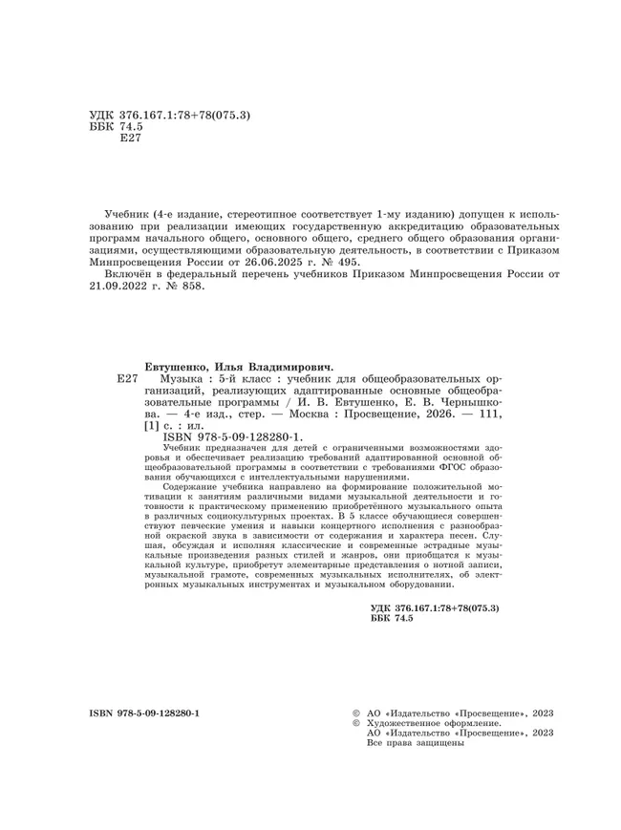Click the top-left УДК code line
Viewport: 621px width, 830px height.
coord(168,115)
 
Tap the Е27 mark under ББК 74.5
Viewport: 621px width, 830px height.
coord(127,139)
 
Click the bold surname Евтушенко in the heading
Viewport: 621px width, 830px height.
coord(177,366)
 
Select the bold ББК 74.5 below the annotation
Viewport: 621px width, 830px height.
coord(389,620)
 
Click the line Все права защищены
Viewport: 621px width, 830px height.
coord(409,743)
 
